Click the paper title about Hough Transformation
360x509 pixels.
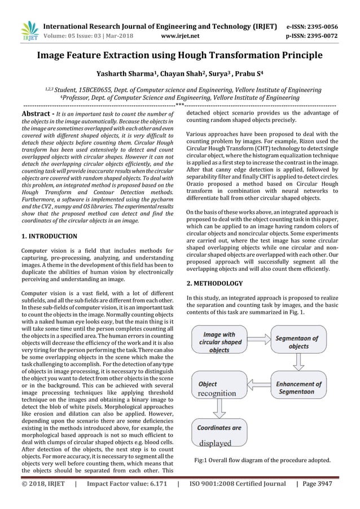point(180,55)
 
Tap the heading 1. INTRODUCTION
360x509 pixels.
point(49,236)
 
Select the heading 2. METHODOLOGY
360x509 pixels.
point(214,283)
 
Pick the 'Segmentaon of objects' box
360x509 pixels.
point(298,343)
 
